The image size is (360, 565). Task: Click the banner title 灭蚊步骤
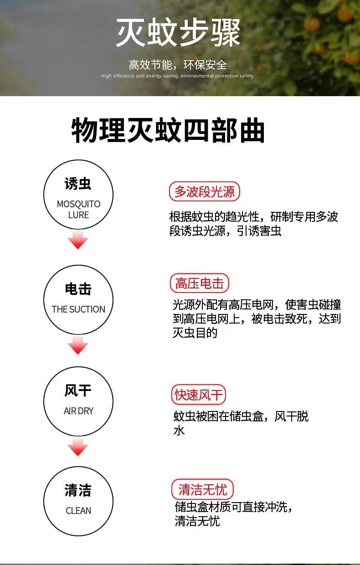(x=178, y=32)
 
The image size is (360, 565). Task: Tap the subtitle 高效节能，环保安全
(x=178, y=65)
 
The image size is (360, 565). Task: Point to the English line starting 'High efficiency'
(x=177, y=76)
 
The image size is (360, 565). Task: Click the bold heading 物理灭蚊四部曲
(x=168, y=130)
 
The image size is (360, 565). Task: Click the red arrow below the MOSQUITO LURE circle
(x=78, y=240)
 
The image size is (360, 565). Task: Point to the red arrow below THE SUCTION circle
(x=78, y=345)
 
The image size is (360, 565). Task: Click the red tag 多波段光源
(x=204, y=191)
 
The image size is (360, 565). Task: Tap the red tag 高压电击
(x=199, y=283)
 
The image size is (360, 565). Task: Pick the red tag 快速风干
(x=198, y=395)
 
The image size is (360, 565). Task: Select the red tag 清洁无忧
(x=202, y=489)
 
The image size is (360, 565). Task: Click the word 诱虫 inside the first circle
(x=78, y=183)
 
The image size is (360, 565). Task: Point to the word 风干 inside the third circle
(x=78, y=390)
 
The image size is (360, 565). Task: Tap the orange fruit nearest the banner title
(x=312, y=24)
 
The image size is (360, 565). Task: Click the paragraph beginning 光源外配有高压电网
(x=257, y=318)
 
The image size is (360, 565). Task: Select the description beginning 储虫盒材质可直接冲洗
(x=233, y=514)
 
